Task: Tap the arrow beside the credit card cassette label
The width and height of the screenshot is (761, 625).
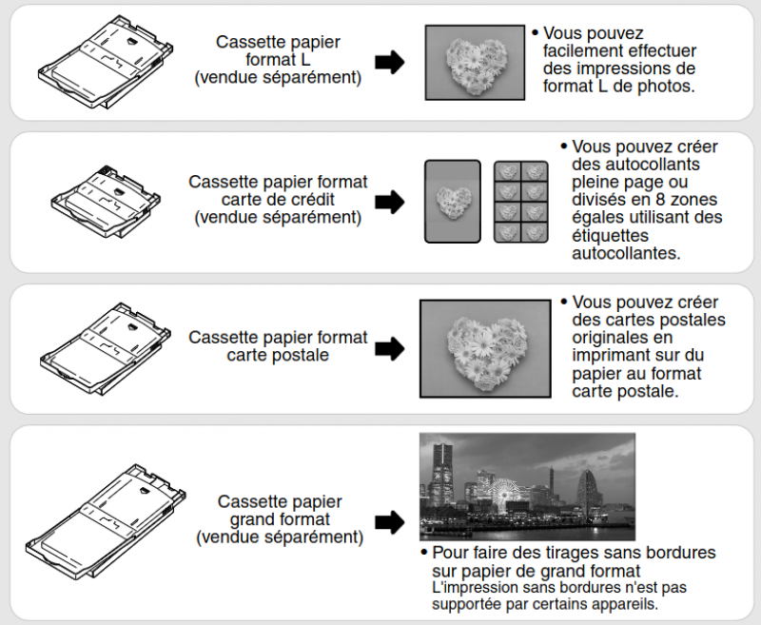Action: [389, 202]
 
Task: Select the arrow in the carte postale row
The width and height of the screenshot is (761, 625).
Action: [389, 349]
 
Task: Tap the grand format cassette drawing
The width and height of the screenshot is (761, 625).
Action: [105, 518]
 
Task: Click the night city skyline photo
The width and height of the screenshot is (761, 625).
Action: [527, 486]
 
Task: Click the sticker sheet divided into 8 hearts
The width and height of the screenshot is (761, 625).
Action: [520, 201]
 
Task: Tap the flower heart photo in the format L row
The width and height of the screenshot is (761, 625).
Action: [474, 62]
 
